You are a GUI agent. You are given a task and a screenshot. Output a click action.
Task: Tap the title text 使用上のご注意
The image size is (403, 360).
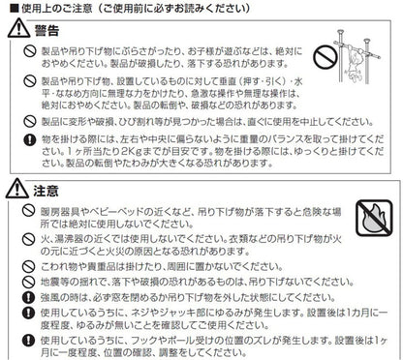57,8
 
